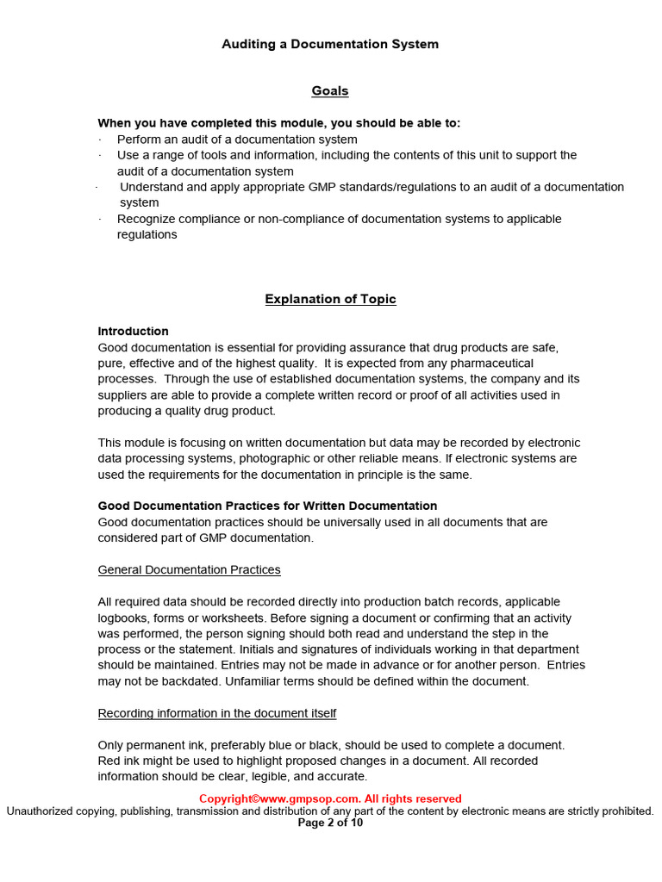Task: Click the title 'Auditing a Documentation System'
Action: tap(330, 44)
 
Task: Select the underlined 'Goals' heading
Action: tap(330, 90)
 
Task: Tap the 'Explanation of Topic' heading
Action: tap(330, 299)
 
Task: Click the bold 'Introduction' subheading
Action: tap(133, 331)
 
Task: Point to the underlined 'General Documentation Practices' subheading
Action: tap(189, 569)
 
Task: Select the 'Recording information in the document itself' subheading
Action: tap(217, 713)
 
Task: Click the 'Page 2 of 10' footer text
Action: tap(330, 823)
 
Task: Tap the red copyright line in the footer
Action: tap(330, 798)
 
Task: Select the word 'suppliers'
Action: tap(123, 394)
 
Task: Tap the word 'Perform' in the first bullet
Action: tap(139, 139)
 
